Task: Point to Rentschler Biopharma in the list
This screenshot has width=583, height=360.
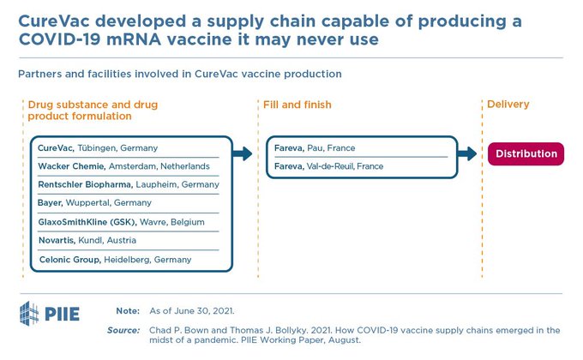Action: (x=85, y=184)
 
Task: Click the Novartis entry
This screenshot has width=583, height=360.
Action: (x=57, y=240)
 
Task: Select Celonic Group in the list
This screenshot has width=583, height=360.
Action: (x=70, y=259)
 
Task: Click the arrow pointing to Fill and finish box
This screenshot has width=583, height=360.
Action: (x=243, y=154)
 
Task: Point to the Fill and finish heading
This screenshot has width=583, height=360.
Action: (x=295, y=105)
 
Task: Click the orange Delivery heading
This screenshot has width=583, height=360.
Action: (x=508, y=105)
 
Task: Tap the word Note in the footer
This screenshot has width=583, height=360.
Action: (x=129, y=309)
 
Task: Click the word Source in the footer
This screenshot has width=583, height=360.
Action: (x=124, y=330)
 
